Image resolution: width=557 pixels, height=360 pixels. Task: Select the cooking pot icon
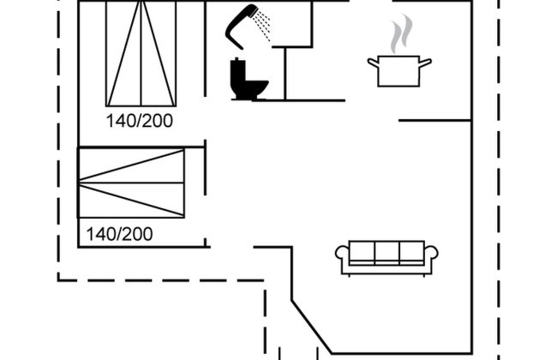(x=399, y=71)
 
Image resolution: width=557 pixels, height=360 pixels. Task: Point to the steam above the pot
(x=401, y=33)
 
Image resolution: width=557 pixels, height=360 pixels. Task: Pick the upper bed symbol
(x=141, y=53)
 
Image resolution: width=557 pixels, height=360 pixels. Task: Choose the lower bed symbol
(x=131, y=183)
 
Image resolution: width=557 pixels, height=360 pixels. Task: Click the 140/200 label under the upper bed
(x=140, y=121)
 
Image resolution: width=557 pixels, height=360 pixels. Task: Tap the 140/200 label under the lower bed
(x=119, y=234)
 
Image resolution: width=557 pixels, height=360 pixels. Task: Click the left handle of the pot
(x=373, y=63)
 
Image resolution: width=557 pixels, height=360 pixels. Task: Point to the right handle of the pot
(x=426, y=63)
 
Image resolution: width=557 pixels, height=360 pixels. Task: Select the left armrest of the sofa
(x=342, y=254)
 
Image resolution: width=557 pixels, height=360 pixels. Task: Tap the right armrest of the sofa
(x=431, y=254)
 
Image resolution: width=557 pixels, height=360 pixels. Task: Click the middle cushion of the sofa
(x=386, y=252)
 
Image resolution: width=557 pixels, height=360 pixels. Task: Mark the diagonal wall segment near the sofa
(x=312, y=327)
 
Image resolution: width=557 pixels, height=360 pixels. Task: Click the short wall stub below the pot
(x=434, y=121)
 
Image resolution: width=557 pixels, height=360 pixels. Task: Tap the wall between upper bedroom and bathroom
(x=205, y=49)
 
